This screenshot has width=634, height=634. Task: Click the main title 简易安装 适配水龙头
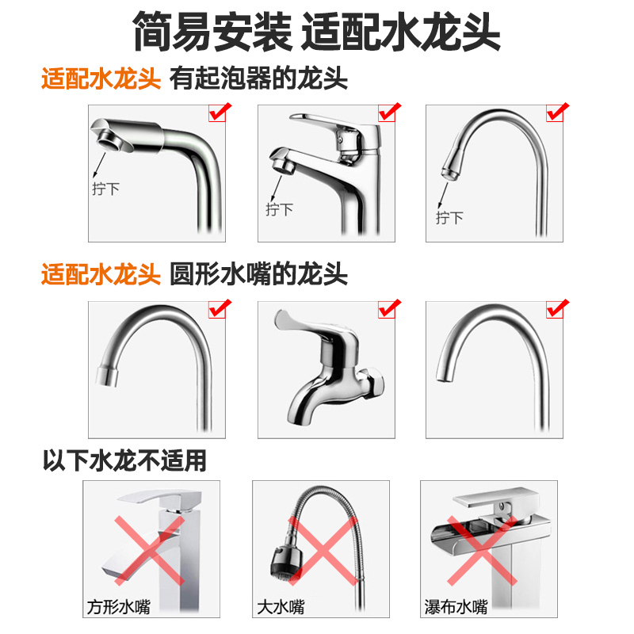(x=317, y=33)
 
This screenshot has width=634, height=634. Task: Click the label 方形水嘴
(x=119, y=608)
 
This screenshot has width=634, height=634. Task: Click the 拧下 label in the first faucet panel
(x=105, y=191)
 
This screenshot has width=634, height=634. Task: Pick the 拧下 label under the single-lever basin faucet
(x=279, y=209)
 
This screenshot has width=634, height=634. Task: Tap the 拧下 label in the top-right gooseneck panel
(x=449, y=217)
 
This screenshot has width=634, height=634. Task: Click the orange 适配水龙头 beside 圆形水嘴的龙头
(x=101, y=275)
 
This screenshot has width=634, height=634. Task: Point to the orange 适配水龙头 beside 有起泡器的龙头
(x=101, y=79)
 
